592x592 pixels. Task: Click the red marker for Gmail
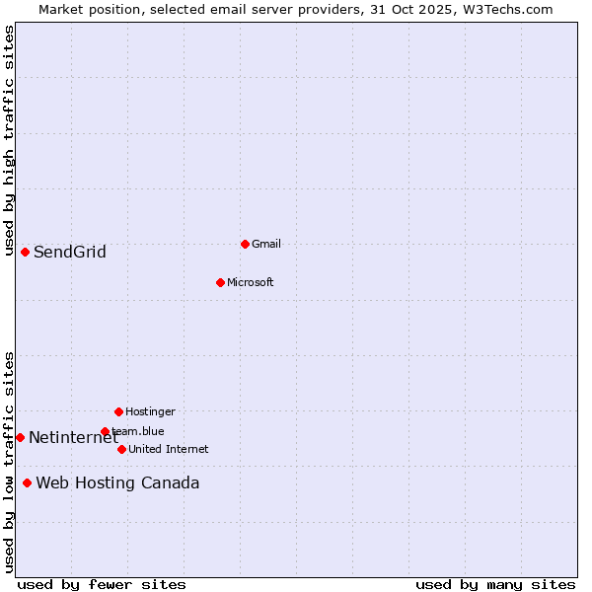tap(245, 244)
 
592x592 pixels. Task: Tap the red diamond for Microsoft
tap(220, 282)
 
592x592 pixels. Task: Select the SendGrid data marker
tap(25, 252)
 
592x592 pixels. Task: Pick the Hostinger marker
tap(118, 411)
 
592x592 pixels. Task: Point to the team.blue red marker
tap(105, 431)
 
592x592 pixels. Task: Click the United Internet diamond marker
tap(121, 449)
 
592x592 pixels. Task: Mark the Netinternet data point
tap(20, 437)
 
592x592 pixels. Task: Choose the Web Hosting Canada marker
tap(27, 482)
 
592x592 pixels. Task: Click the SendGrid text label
tap(70, 253)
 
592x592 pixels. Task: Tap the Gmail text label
tap(266, 245)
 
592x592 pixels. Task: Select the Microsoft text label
tap(251, 283)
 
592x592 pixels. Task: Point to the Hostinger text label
tap(150, 412)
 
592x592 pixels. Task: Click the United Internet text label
tap(169, 450)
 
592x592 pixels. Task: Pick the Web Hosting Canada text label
tap(117, 483)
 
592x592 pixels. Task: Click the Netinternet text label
tap(73, 438)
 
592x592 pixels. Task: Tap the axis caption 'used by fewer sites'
tap(102, 585)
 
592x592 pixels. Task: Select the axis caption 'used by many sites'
tap(495, 585)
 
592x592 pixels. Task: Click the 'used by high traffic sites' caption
tap(9, 141)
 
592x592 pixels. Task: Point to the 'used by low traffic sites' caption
tap(9, 462)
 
